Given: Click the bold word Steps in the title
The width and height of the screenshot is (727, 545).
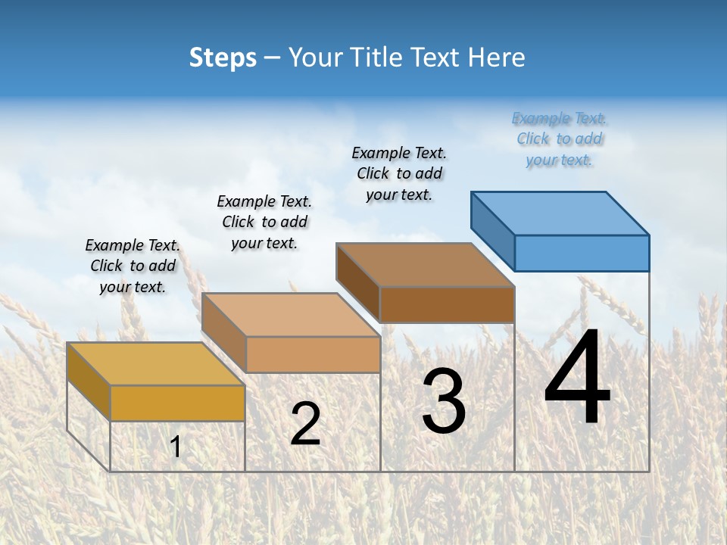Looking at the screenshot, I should [x=223, y=58].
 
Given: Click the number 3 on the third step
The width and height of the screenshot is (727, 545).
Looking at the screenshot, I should [x=444, y=401].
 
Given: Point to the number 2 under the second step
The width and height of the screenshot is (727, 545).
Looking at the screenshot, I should [x=305, y=424].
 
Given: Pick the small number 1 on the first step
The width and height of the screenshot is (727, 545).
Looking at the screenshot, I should [x=176, y=447].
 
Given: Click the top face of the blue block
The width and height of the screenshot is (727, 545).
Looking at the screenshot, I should [x=560, y=213].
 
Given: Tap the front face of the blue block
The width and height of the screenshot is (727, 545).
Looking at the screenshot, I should [x=582, y=253].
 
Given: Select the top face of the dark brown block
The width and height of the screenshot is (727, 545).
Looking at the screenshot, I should [x=426, y=265].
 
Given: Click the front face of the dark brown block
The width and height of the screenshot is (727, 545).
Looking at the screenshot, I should [x=447, y=305].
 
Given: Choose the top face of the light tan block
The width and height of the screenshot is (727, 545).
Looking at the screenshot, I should [x=291, y=315].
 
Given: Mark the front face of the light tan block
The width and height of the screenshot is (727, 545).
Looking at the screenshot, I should [x=313, y=355].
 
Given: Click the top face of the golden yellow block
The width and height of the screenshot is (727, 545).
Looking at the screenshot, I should [x=156, y=364].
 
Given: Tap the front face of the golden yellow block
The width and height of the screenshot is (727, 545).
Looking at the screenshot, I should [x=177, y=403].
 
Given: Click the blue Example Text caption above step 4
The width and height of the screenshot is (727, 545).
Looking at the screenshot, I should [x=560, y=139].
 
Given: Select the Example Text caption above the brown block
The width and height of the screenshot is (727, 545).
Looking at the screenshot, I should [x=399, y=174].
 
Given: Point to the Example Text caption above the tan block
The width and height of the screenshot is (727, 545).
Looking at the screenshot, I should [x=264, y=222].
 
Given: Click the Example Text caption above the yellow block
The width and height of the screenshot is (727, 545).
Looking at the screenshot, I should [x=133, y=266].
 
